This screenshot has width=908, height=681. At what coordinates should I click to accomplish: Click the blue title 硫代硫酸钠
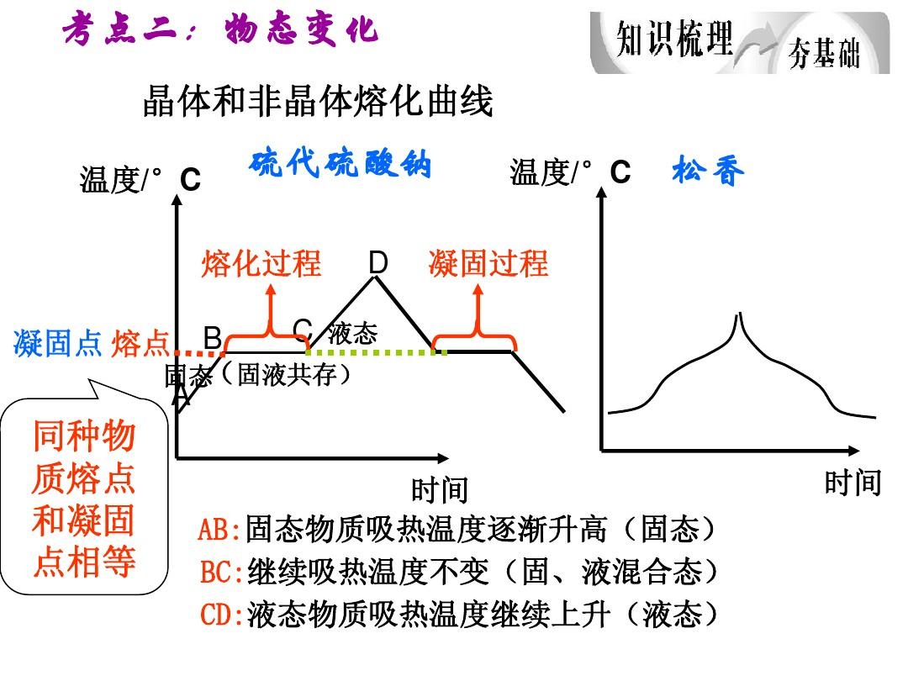(340, 163)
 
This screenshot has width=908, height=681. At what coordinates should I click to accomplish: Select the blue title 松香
(708, 170)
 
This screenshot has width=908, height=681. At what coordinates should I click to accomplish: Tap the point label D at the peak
(378, 262)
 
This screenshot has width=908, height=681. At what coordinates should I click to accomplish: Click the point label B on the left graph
(213, 338)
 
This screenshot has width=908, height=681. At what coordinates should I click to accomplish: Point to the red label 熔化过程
(261, 263)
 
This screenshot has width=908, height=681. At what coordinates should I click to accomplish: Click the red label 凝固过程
(488, 263)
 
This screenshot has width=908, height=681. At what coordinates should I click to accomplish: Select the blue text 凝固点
(58, 343)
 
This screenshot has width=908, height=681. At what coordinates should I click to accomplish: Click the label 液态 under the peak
(352, 334)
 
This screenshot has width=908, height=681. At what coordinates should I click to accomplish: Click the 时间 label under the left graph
(440, 490)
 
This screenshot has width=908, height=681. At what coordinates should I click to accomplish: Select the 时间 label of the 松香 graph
(853, 483)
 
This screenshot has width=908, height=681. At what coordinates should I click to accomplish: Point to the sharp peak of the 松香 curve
(738, 314)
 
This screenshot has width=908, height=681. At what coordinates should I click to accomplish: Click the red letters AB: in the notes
(219, 529)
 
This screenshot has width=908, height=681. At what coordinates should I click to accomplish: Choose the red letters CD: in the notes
(222, 614)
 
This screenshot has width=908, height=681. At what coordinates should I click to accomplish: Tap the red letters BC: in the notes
(222, 572)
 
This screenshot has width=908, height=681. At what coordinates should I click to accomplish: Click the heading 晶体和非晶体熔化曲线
(318, 102)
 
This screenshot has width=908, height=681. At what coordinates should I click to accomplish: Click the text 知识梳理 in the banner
(674, 39)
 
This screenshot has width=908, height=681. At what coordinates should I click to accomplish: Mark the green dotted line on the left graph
(377, 352)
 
